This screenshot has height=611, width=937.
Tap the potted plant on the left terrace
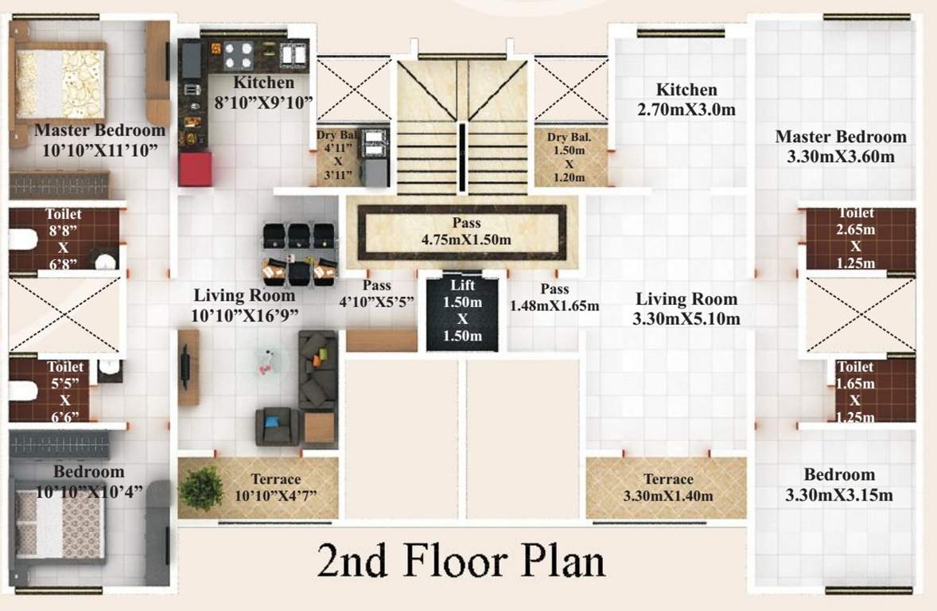click(200, 488)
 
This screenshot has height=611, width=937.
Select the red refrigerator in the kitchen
click(195, 169)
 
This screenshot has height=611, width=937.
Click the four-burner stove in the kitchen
click(239, 55)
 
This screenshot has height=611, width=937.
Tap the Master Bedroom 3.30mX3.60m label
click(840, 146)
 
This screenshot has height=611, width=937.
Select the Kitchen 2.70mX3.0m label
click(686, 99)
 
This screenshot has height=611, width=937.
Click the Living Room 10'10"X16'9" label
click(244, 305)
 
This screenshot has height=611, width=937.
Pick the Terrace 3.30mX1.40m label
click(667, 487)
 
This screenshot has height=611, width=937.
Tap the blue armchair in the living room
click(276, 426)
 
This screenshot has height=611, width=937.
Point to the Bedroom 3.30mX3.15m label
click(838, 485)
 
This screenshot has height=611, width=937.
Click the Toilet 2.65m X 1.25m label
click(855, 238)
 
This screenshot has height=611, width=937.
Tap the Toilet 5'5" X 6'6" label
click(64, 391)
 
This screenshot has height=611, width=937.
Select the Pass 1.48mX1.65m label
click(554, 297)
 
